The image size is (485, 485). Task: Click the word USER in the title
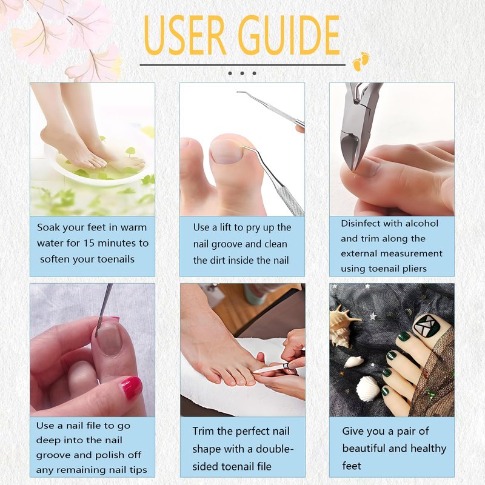click(186, 35)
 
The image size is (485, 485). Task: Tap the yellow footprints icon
click(361, 61)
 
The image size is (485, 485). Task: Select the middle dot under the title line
click(242, 73)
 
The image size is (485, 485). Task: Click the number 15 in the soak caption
click(89, 243)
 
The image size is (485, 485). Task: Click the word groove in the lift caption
click(224, 245)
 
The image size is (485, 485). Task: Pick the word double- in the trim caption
click(275, 449)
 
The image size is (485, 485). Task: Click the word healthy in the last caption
click(428, 448)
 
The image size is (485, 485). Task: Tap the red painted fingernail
click(131, 388)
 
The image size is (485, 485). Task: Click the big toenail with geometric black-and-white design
click(428, 329)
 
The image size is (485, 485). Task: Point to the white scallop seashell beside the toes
click(367, 389)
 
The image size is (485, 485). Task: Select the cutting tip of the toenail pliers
click(352, 169)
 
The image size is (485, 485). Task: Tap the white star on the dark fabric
click(373, 316)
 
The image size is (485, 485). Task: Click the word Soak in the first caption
click(48, 227)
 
